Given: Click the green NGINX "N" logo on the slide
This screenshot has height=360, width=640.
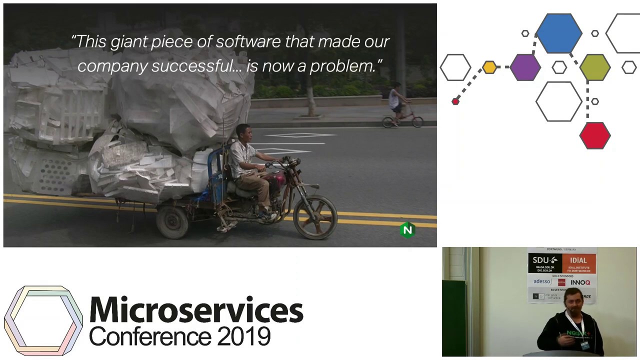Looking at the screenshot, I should pyautogui.click(x=407, y=230).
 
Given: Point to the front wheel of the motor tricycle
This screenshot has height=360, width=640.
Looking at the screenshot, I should pyautogui.click(x=315, y=217).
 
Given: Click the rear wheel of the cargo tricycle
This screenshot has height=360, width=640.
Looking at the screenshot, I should pyautogui.click(x=172, y=221).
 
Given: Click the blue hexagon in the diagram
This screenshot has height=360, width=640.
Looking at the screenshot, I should pyautogui.click(x=559, y=33).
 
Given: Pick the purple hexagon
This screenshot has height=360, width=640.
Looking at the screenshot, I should pyautogui.click(x=525, y=67).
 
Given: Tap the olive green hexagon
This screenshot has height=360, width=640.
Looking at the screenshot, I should pyautogui.click(x=595, y=67).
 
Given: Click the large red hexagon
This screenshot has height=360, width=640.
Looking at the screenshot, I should pyautogui.click(x=595, y=135).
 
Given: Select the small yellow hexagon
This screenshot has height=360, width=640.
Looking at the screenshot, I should pyautogui.click(x=489, y=67).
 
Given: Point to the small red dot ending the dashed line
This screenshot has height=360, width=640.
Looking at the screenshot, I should pyautogui.click(x=455, y=101).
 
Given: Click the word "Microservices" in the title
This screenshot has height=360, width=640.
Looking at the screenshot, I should pyautogui.click(x=196, y=310).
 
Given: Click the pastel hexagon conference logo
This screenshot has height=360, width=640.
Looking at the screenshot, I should pyautogui.click(x=43, y=320).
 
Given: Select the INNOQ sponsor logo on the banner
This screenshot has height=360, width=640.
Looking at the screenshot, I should pyautogui.click(x=580, y=282).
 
